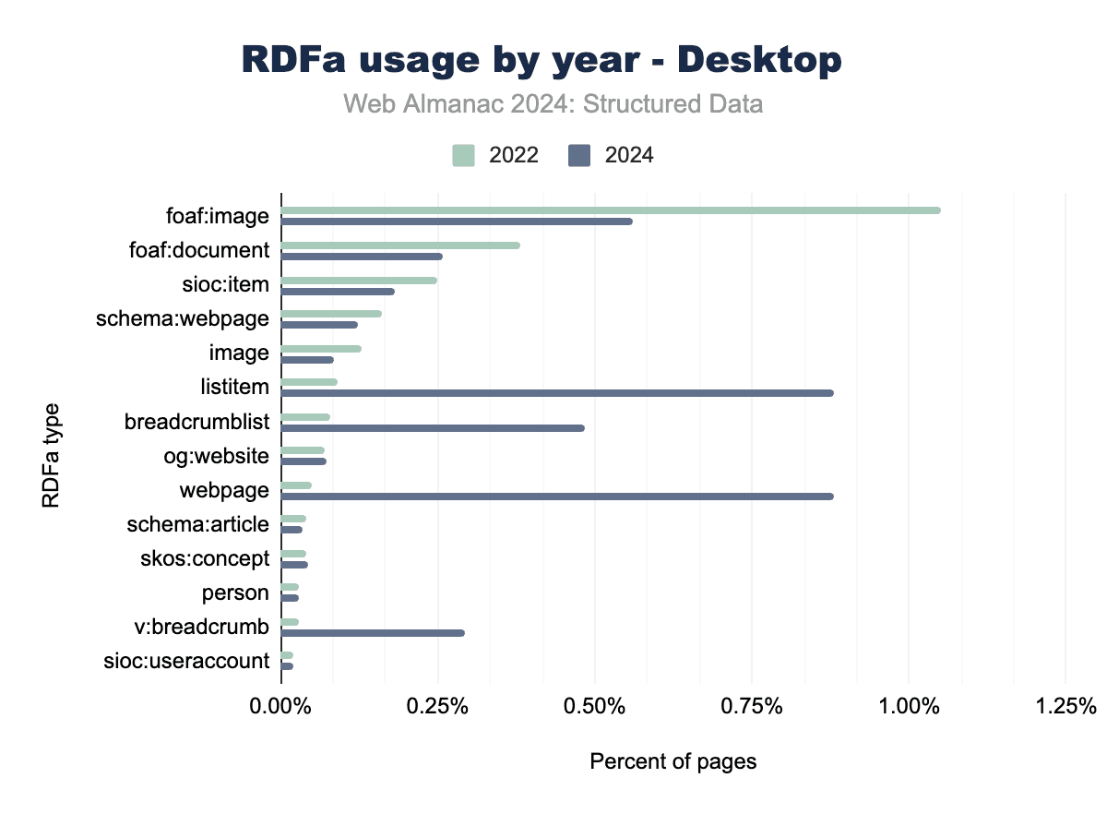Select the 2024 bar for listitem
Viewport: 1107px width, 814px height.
557,393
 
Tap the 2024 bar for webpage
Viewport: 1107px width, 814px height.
557,497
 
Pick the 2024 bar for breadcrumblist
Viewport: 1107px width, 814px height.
433,428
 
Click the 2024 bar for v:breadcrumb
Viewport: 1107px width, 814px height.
373,633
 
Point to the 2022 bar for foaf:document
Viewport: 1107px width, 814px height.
400,245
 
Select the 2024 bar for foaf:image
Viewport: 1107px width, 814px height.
457,221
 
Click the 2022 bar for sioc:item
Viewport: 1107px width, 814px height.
359,281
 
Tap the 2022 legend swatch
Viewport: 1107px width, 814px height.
464,155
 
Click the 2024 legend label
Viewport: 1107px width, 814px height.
629,155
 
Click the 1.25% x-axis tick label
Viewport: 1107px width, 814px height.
1065,707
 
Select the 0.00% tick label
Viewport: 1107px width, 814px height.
281,707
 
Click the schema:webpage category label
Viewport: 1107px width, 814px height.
183,319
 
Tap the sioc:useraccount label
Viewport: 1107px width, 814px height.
188,661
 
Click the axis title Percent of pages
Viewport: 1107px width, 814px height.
673,762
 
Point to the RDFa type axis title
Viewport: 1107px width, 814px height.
52,455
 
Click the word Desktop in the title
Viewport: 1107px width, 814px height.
761,61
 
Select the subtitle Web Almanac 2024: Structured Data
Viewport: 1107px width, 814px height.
553,104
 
